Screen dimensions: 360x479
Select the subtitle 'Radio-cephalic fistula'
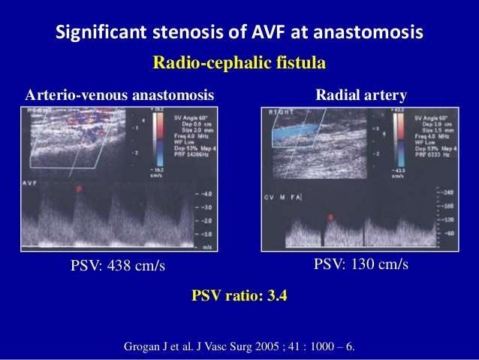[x=239, y=62]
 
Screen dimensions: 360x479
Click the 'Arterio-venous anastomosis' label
[x=119, y=95]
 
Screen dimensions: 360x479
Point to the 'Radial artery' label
[x=361, y=95]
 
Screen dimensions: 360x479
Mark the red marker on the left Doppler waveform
[x=77, y=191]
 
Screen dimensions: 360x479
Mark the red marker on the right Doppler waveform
[x=329, y=217]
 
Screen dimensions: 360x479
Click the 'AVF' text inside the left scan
[x=32, y=183]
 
